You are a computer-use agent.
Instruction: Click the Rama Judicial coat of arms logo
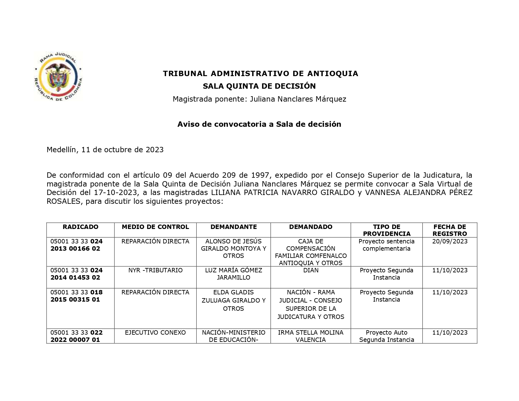[58, 77]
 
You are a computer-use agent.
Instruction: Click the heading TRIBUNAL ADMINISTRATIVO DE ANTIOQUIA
[260, 74]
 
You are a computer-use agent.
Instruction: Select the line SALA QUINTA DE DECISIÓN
[259, 86]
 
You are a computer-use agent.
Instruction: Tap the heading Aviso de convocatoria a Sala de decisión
[259, 124]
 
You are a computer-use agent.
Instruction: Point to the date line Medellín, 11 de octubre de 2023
[105, 150]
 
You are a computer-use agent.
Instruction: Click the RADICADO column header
[81, 227]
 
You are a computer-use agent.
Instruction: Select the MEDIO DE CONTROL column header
[155, 227]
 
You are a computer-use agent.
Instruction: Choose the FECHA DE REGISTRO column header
[449, 230]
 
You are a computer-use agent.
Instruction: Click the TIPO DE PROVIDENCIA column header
[387, 230]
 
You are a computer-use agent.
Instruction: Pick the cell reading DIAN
[311, 270]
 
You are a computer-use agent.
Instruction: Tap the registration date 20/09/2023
[450, 242]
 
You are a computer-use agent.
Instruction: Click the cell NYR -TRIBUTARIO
[155, 270]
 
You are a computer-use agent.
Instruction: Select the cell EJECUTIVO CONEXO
[155, 333]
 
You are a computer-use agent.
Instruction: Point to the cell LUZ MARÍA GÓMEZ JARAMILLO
[233, 274]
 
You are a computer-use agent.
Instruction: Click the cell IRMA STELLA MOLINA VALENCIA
[311, 336]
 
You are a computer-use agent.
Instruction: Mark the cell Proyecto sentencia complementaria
[387, 245]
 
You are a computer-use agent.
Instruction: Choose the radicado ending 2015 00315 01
[76, 296]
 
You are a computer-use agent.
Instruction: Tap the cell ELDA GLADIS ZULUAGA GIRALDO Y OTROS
[233, 300]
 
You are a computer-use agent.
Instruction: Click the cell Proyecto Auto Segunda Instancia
[387, 336]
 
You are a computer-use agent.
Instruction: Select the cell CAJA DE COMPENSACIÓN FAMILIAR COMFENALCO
[311, 252]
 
